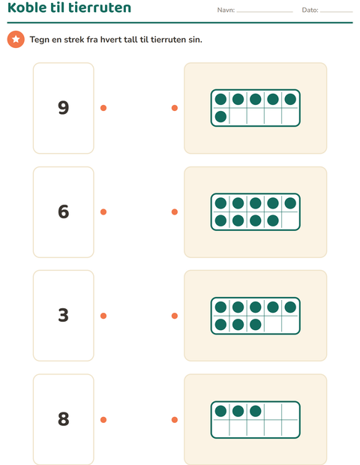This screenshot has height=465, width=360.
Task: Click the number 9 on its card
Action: pyautogui.click(x=64, y=108)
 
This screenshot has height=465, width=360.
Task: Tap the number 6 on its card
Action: pyautogui.click(x=64, y=211)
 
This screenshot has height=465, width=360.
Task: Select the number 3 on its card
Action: pyautogui.click(x=64, y=315)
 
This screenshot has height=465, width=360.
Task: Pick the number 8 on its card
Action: pyautogui.click(x=64, y=419)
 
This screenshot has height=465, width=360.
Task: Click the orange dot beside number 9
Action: pyautogui.click(x=103, y=108)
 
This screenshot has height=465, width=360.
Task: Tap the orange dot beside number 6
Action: pyautogui.click(x=103, y=211)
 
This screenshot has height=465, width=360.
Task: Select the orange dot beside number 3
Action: pyautogui.click(x=103, y=316)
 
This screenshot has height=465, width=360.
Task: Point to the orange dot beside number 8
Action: pyautogui.click(x=103, y=420)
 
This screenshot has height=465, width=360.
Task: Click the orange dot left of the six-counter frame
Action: pyautogui.click(x=175, y=108)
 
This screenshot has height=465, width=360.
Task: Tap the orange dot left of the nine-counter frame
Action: pyautogui.click(x=175, y=211)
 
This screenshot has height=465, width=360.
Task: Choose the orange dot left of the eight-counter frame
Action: pyautogui.click(x=175, y=316)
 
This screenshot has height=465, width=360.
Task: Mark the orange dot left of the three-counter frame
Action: pyautogui.click(x=175, y=420)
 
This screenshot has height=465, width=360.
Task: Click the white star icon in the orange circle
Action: pyautogui.click(x=16, y=39)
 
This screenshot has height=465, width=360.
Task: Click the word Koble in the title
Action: pyautogui.click(x=26, y=7)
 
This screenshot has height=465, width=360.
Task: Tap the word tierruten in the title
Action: pyautogui.click(x=100, y=7)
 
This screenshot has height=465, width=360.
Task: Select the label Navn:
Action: pyautogui.click(x=226, y=10)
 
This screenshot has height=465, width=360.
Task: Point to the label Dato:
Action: pyautogui.click(x=310, y=10)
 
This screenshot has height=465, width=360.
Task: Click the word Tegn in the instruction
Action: pyautogui.click(x=40, y=40)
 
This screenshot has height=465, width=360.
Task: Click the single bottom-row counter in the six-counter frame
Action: pyautogui.click(x=220, y=116)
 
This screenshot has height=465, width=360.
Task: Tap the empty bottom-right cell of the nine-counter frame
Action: pyautogui.click(x=290, y=220)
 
